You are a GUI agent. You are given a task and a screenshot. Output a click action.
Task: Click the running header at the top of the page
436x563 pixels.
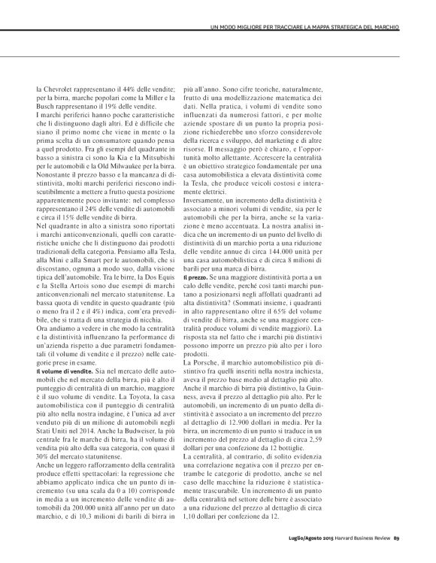click(303, 28)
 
